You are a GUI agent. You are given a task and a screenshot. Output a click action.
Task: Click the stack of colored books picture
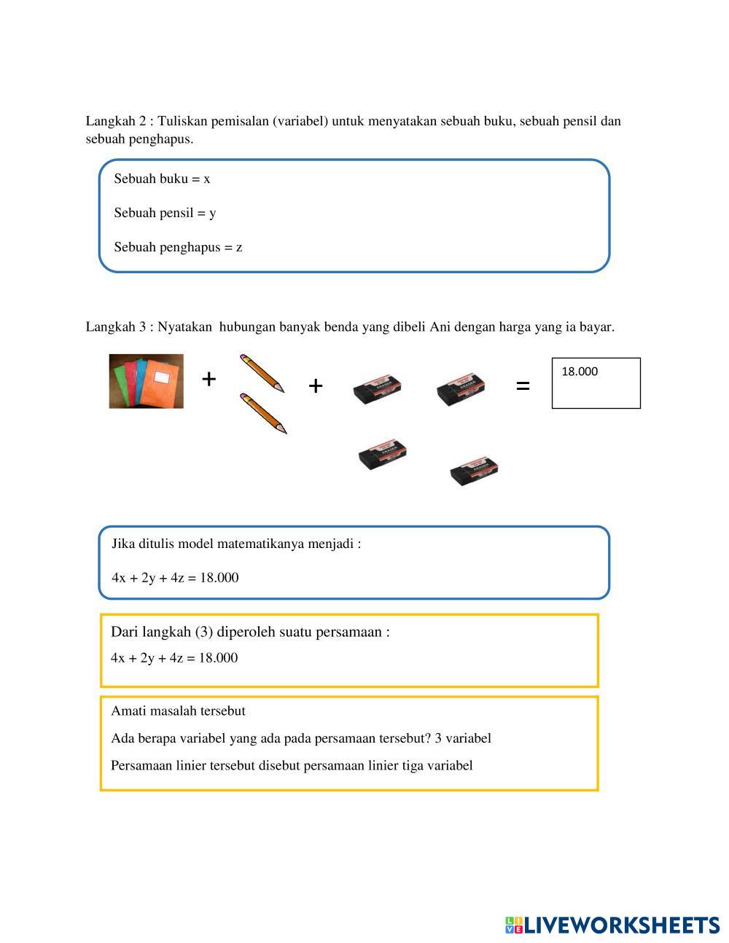coord(147,381)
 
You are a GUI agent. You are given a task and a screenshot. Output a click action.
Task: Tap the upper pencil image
coord(262,373)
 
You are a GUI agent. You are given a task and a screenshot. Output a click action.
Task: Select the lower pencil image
coord(263,413)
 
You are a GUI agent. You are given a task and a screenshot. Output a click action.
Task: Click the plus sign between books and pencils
coord(209,379)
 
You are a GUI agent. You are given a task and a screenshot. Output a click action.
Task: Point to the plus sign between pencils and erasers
coord(315,386)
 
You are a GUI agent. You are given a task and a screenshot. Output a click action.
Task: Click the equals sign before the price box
coord(523,386)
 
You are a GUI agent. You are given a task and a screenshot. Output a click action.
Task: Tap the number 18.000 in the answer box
coord(580,372)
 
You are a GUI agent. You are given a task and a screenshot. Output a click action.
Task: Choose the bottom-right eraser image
coord(474,471)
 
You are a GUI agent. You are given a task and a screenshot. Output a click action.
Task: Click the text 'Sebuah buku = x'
coord(162,179)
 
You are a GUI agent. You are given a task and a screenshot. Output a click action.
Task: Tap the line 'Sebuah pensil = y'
coord(165,214)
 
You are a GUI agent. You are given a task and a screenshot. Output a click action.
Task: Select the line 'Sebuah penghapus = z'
coord(178,248)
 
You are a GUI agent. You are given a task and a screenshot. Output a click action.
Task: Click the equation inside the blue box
coord(175,578)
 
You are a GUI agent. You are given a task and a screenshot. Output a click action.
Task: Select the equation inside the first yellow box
coord(174,658)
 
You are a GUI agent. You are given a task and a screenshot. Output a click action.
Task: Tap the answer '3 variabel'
coord(463,738)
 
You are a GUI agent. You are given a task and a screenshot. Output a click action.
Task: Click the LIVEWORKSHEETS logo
coord(612,925)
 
